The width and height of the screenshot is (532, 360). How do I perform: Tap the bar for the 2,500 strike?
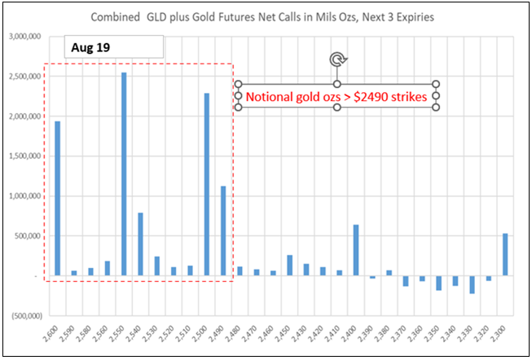point(207,184)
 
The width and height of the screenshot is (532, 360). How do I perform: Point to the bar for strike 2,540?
point(140,244)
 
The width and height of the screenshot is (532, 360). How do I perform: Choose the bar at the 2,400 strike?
point(356,250)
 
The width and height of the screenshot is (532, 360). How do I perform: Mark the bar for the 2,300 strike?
point(505,255)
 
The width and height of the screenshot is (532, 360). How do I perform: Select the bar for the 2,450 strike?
point(289,265)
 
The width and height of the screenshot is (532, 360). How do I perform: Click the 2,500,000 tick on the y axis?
point(24,77)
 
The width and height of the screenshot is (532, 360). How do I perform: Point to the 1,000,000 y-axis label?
point(24,196)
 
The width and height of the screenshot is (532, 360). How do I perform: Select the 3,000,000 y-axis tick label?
point(24,37)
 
